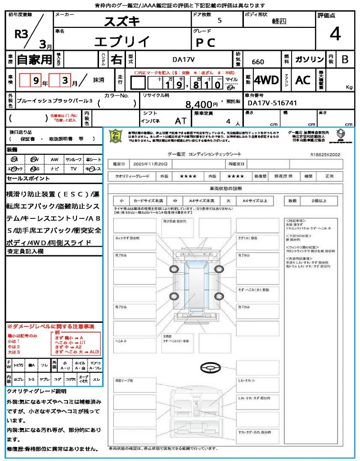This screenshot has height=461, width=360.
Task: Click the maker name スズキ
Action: [122, 21]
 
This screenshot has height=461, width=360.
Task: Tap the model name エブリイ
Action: [122, 41]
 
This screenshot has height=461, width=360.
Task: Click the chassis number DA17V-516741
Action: [273, 103]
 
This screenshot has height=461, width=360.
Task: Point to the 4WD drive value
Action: [266, 80]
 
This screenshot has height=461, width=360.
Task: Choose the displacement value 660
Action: [258, 62]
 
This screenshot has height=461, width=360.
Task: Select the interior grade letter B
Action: [344, 59]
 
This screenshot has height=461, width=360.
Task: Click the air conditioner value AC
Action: [303, 80]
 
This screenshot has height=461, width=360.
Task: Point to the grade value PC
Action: [205, 42]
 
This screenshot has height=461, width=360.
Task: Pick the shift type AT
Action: [180, 121]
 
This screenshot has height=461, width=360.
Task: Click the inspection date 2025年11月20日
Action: [151, 164]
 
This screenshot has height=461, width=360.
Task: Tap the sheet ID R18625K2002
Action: [325, 154]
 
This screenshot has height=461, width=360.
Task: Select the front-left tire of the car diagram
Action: [174, 270]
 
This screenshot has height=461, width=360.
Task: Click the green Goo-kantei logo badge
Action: [115, 136]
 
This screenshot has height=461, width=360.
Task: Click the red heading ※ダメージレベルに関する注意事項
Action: [50, 326]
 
